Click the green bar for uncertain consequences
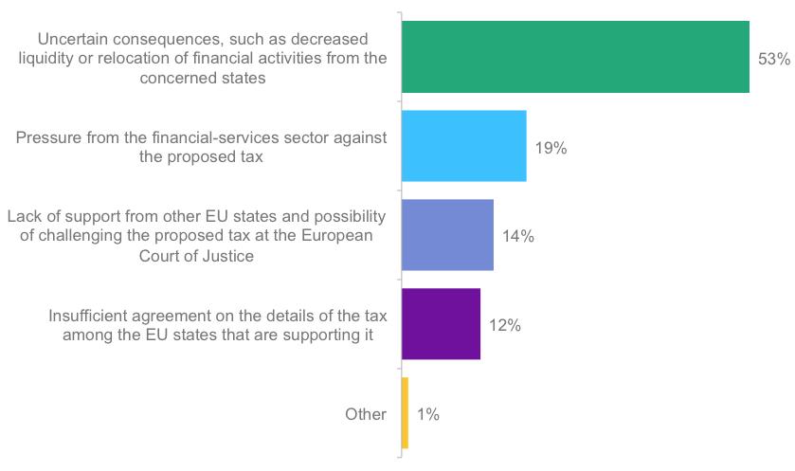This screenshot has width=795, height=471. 575,57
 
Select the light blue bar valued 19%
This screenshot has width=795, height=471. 463,146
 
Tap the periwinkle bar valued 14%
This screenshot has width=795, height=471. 447,235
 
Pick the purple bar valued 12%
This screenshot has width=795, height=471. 441,324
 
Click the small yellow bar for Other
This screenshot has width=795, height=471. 405,413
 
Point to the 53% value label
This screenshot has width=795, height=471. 773,59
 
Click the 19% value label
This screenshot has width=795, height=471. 551,148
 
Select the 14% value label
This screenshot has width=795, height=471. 518,237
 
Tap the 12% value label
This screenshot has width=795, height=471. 505,326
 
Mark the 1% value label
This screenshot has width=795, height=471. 428,415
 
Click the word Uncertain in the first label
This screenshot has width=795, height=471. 74,39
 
